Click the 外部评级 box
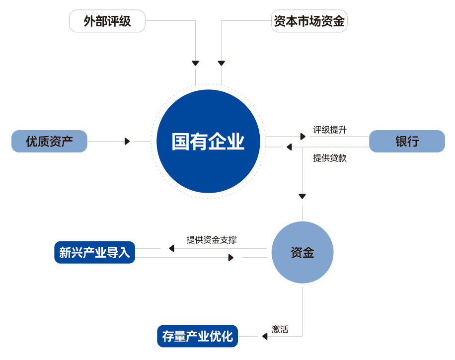click(x=107, y=21)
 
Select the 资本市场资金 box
click(x=309, y=21)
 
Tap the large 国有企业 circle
click(x=208, y=142)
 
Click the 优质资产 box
click(x=49, y=142)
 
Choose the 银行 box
click(x=407, y=142)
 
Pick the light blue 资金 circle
click(x=302, y=252)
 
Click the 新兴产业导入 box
click(x=94, y=252)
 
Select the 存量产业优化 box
click(x=197, y=336)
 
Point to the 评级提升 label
click(x=329, y=130)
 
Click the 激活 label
click(x=280, y=329)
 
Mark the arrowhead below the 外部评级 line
click(x=195, y=63)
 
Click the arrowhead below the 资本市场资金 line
click(x=222, y=63)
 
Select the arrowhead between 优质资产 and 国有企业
click(x=127, y=142)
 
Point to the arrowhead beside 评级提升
click(x=303, y=136)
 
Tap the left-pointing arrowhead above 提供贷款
click(x=289, y=147)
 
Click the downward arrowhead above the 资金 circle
click(x=302, y=196)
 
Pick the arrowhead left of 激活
click(x=265, y=336)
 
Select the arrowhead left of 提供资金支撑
click(x=171, y=248)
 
